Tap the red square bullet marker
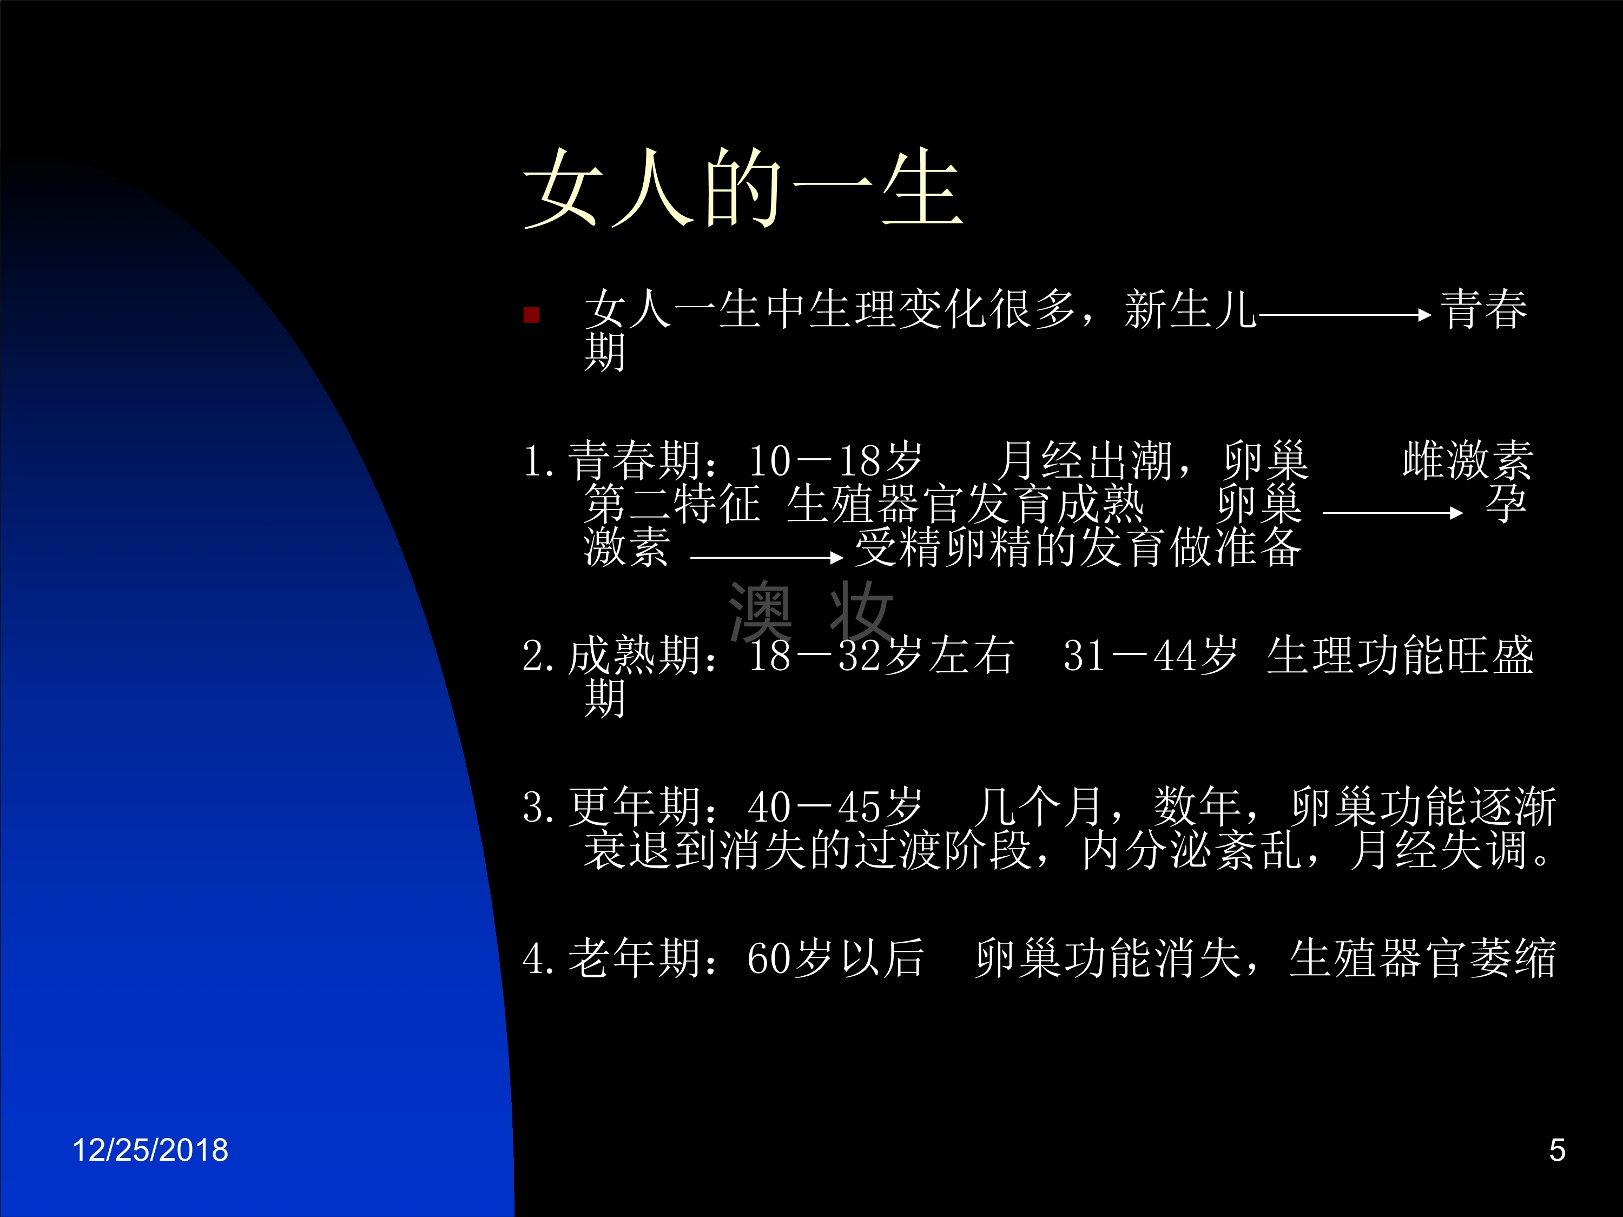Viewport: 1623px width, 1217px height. point(531,315)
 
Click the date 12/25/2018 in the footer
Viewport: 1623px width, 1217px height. point(150,1150)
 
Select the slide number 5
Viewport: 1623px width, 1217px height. point(1557,1150)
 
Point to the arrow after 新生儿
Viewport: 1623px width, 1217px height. point(1345,315)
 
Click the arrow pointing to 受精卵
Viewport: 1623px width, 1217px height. point(767,558)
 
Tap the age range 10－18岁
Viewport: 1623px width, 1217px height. point(835,461)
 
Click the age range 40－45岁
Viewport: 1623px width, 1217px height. point(835,806)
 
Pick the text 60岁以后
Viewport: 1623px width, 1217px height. point(835,957)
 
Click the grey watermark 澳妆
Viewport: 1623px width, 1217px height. point(811,611)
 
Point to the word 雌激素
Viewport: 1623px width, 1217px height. point(1467,461)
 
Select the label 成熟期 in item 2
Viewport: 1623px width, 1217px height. point(634,655)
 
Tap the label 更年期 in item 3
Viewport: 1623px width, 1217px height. point(634,806)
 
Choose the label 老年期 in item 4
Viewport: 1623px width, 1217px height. point(634,957)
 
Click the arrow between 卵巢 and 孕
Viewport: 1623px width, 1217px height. point(1393,513)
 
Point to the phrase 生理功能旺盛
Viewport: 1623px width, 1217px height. point(1400,655)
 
